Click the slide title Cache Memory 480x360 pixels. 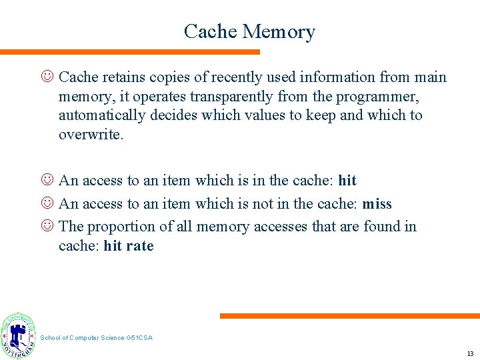[x=249, y=31]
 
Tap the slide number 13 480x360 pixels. [x=471, y=353]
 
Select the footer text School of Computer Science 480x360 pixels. [x=96, y=338]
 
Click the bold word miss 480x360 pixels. [x=377, y=203]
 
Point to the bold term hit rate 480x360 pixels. [x=129, y=246]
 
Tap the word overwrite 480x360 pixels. [x=90, y=135]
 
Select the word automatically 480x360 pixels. [x=99, y=115]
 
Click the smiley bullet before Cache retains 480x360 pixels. [x=47, y=77]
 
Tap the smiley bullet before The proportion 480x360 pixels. [x=47, y=227]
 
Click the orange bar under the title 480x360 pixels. [x=130, y=52]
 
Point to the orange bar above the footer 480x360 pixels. [x=349, y=316]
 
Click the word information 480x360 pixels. [x=323, y=77]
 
